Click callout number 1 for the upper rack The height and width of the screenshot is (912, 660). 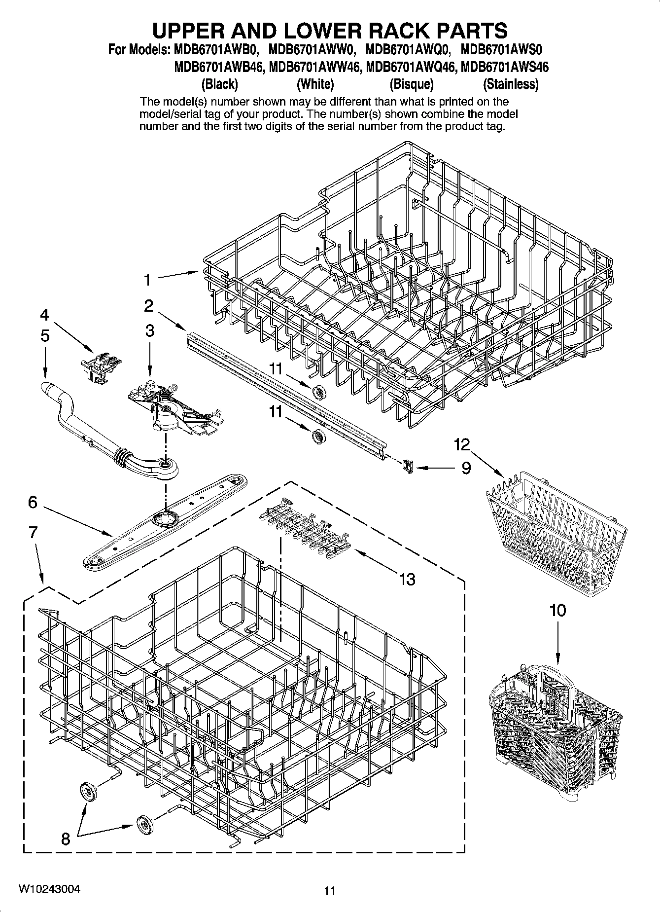tap(147, 280)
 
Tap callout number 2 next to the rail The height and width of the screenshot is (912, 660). tap(149, 306)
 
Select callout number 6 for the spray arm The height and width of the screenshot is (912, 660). tap(33, 502)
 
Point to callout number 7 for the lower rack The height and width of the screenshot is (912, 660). tap(33, 533)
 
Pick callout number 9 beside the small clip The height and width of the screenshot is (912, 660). tap(466, 468)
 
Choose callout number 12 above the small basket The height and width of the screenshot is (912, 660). tap(462, 444)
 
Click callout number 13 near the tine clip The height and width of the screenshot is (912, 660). tap(407, 579)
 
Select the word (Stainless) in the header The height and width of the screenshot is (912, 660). tap(511, 84)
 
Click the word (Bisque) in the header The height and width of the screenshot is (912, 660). tap(411, 84)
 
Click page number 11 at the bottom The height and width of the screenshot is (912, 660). tap(330, 890)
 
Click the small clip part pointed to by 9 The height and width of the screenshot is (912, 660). tap(407, 465)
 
